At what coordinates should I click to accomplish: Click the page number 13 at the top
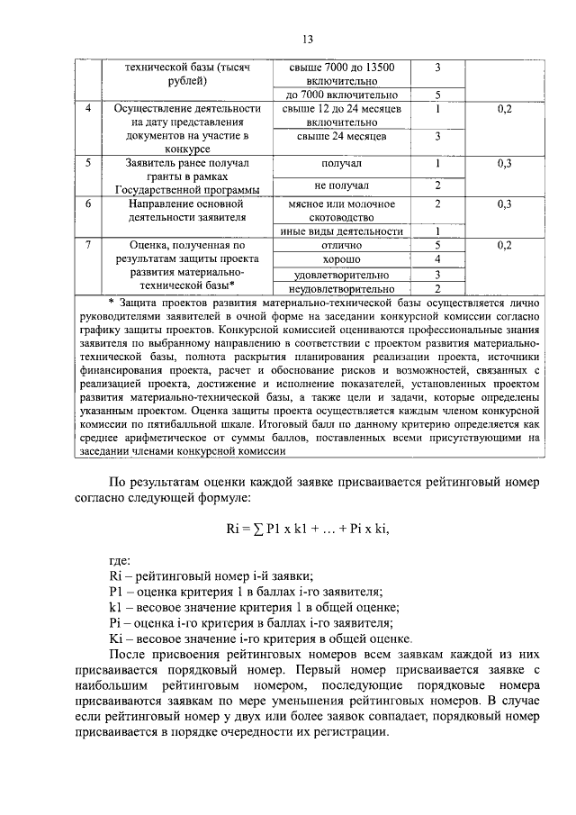tap(307, 40)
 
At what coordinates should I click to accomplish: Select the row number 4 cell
tap(88, 109)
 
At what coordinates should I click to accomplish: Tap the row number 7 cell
tap(88, 244)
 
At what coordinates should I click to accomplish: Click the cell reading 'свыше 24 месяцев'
tap(341, 136)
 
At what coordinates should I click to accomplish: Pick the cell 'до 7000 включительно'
tap(341, 95)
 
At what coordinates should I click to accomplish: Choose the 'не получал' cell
tap(341, 186)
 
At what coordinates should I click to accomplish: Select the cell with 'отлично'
tap(341, 244)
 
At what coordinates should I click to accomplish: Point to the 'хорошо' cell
tap(341, 259)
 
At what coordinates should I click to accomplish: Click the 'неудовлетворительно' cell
tap(341, 289)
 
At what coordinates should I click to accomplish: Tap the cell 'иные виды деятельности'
tap(341, 231)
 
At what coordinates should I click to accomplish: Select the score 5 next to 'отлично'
tap(436, 244)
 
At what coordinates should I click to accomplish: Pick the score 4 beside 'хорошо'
tap(436, 259)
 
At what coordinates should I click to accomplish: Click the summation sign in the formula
tap(258, 529)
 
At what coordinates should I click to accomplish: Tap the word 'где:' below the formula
tap(120, 559)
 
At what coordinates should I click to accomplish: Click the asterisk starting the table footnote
tap(110, 302)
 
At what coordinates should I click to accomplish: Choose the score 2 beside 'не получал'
tap(436, 186)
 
